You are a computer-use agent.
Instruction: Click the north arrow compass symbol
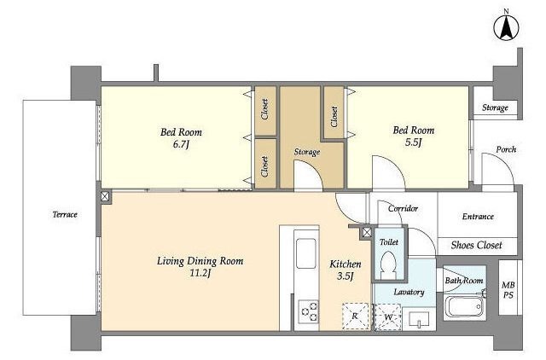(506, 27)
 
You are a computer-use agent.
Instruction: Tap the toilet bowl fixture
(388, 265)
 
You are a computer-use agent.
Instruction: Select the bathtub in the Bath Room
(464, 306)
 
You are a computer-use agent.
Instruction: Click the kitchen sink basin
(305, 253)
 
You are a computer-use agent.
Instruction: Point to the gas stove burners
(308, 311)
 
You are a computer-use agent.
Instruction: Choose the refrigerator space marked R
(355, 316)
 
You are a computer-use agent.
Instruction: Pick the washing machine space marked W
(388, 316)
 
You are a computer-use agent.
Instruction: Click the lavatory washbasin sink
(419, 320)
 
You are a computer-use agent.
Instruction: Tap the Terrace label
(65, 214)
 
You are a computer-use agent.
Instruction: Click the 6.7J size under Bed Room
(181, 144)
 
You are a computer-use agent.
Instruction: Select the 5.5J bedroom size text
(413, 142)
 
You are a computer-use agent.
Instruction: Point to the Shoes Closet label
(476, 245)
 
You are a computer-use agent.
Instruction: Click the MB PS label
(508, 290)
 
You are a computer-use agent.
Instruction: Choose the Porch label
(506, 149)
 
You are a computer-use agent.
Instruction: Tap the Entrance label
(478, 217)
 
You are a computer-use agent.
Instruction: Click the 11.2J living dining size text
(200, 273)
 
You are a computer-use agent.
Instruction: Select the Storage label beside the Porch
(495, 107)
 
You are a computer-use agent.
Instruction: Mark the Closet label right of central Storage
(334, 117)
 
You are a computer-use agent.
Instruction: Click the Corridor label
(403, 208)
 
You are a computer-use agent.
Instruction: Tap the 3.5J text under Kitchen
(345, 276)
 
